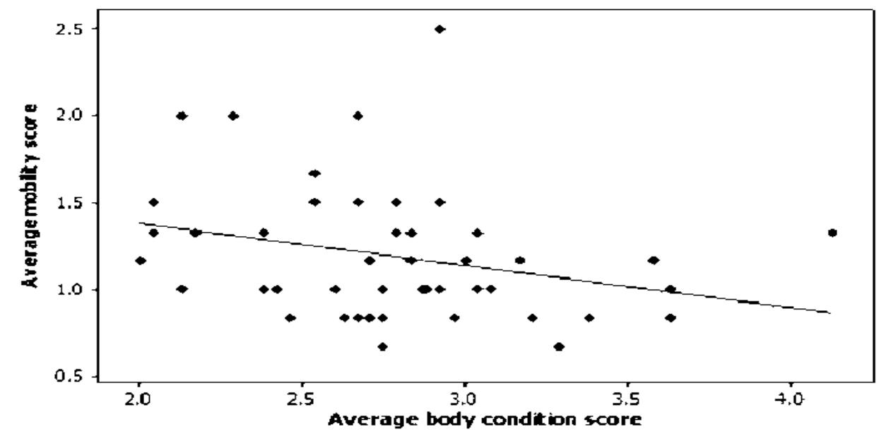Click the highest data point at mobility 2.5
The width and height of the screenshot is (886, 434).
click(x=439, y=29)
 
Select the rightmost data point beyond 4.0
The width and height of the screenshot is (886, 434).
click(x=832, y=233)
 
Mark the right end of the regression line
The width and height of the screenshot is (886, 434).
click(x=831, y=312)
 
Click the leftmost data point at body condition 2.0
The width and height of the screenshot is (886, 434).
click(x=141, y=261)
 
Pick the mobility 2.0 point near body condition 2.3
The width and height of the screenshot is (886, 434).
click(x=233, y=116)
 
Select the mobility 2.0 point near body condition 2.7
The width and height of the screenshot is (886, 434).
click(x=358, y=116)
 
